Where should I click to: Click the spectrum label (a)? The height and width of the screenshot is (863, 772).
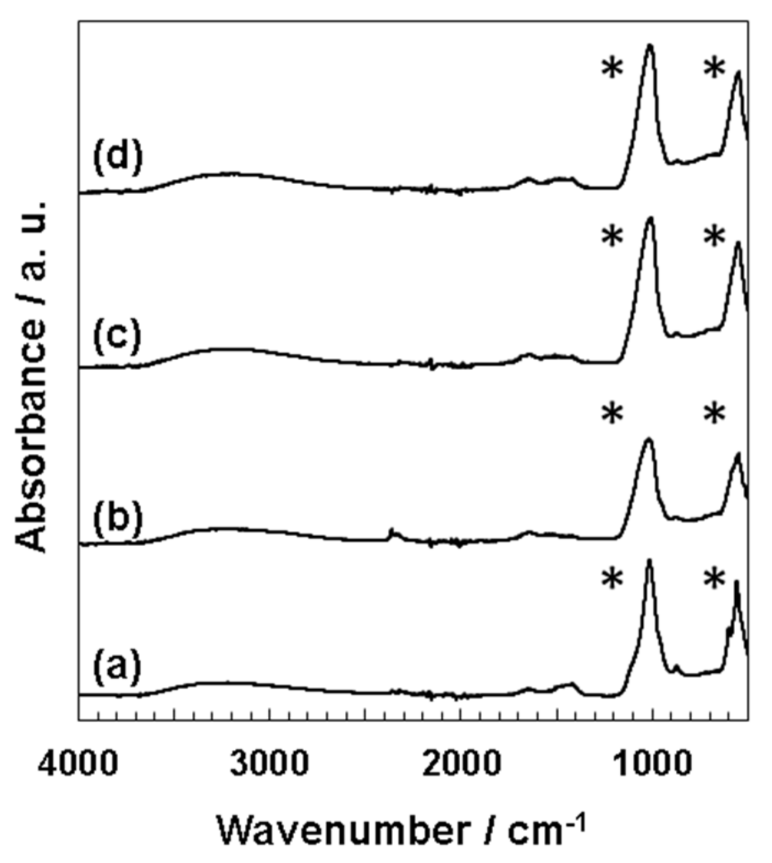[117, 667]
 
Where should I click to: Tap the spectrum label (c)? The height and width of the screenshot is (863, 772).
[117, 336]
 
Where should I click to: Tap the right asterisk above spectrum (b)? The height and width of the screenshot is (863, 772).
[714, 414]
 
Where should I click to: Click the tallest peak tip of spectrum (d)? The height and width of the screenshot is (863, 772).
[649, 45]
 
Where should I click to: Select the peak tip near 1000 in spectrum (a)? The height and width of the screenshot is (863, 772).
[649, 560]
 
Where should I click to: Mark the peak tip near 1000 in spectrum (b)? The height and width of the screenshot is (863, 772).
[649, 439]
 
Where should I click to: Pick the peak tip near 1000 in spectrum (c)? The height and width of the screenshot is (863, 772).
[650, 218]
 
